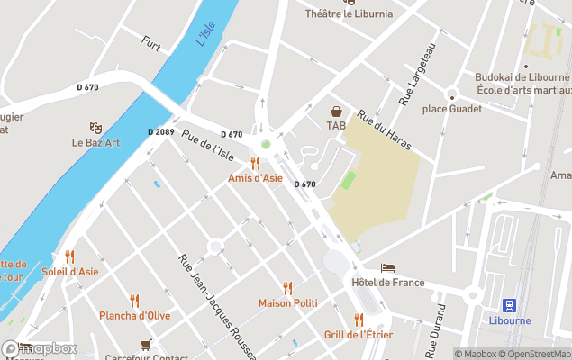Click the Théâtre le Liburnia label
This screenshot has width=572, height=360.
pyautogui.click(x=348, y=13)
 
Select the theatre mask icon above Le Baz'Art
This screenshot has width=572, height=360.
pyautogui.click(x=95, y=128)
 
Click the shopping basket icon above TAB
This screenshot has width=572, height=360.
pyautogui.click(x=336, y=112)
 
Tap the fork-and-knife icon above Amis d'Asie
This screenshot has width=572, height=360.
pyautogui.click(x=255, y=163)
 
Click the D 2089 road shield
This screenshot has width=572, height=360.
pyautogui.click(x=160, y=132)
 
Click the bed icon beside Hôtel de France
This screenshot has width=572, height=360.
pyautogui.click(x=387, y=268)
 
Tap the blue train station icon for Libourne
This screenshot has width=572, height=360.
pyautogui.click(x=509, y=305)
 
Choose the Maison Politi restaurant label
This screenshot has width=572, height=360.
pyautogui.click(x=287, y=303)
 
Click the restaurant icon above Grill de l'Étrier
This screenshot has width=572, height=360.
pyautogui.click(x=359, y=319)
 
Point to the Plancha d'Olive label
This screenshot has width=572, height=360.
pyautogui.click(x=134, y=316)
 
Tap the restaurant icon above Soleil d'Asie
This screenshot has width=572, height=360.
pyautogui.click(x=69, y=256)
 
